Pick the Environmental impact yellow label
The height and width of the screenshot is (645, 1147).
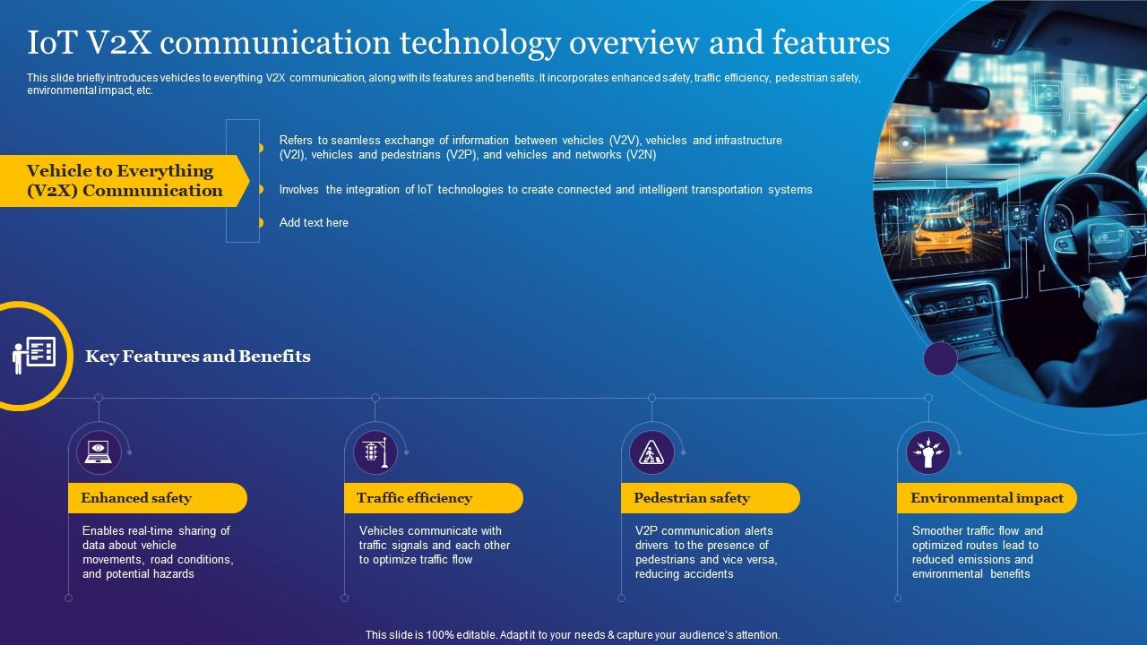coord(987,498)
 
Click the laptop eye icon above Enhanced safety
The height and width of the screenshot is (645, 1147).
coord(99,451)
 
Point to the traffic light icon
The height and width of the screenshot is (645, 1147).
coord(375,451)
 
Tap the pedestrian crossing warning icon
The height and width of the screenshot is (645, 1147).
coord(651,451)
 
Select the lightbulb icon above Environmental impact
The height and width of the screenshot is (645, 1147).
coord(928,451)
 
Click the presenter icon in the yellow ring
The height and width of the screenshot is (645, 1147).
coord(34,355)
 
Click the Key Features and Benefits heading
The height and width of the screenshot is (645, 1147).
coord(198,357)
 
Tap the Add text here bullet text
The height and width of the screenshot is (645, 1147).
coord(314,222)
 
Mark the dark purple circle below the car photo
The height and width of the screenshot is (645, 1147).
coord(940,359)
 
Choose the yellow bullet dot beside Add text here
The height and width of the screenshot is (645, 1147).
coord(261,222)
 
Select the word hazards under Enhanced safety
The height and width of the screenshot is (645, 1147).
coord(173,574)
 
